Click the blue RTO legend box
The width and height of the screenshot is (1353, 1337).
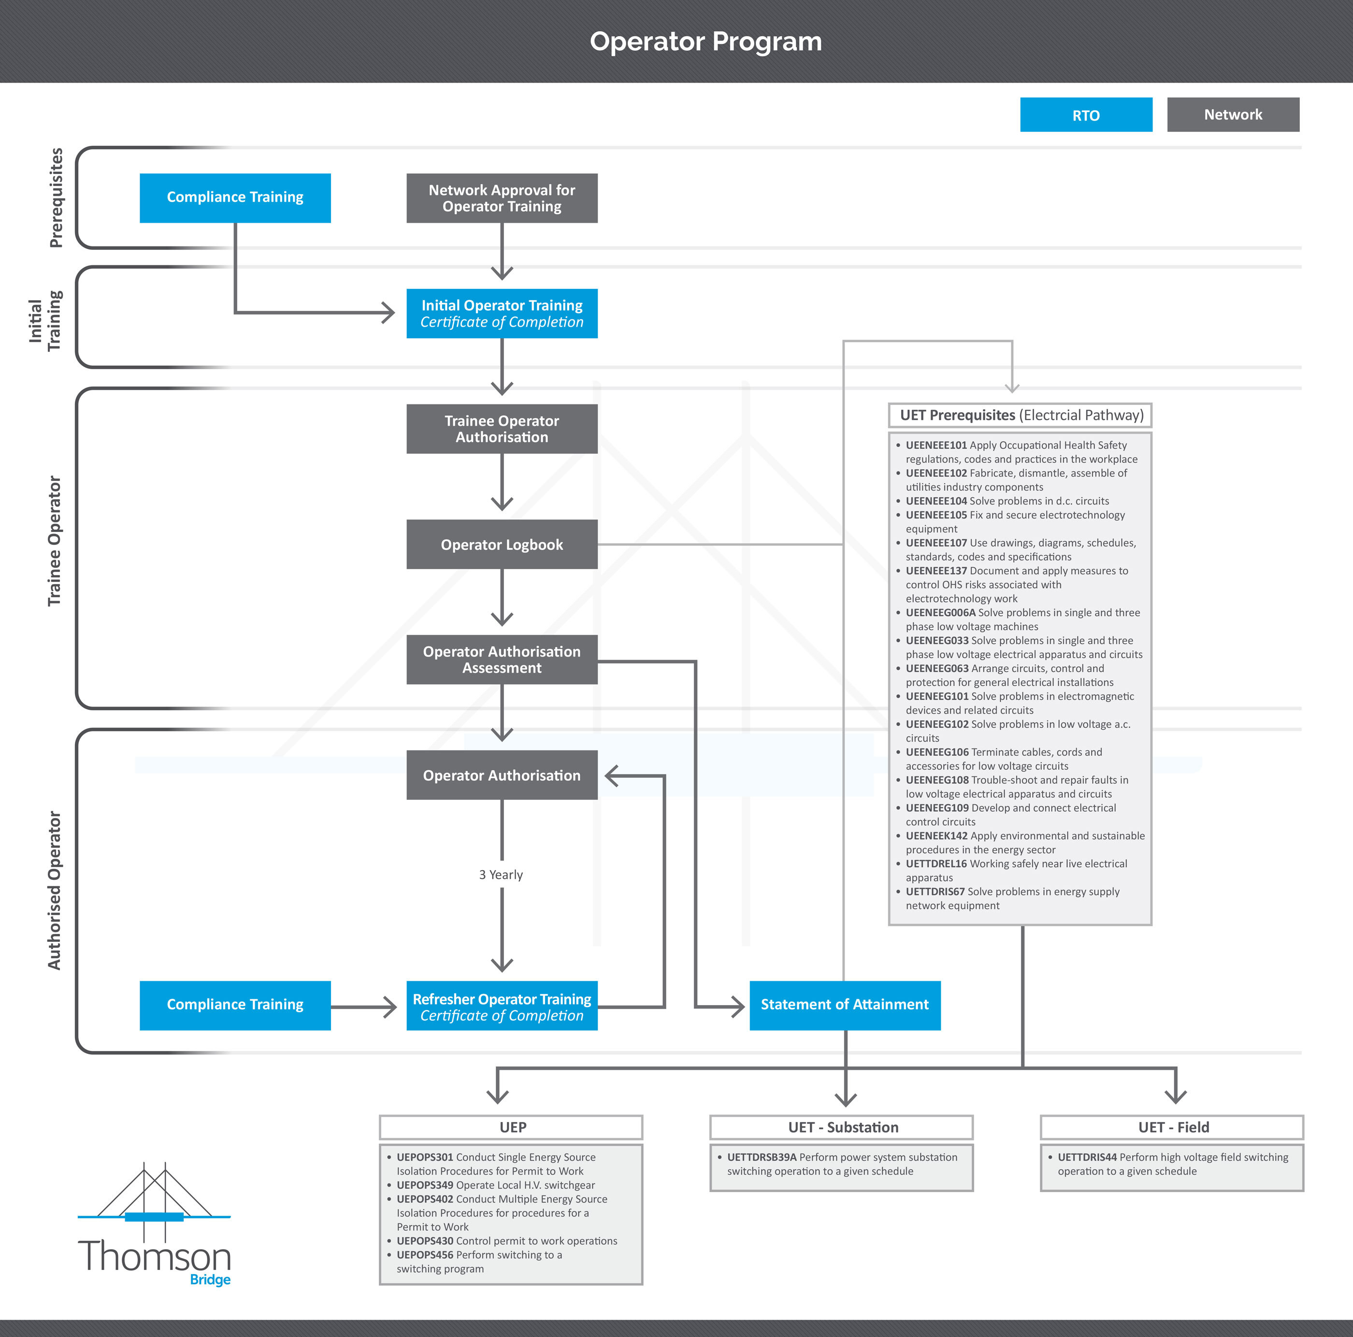[1085, 115]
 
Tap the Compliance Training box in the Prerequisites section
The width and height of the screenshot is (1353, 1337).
[235, 198]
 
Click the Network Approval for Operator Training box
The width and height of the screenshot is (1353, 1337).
[502, 198]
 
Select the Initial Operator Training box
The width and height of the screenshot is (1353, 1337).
[502, 313]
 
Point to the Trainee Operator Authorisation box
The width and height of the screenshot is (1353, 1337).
[502, 429]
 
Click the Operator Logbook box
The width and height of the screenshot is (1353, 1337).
[502, 544]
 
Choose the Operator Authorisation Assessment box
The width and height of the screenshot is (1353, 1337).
[502, 659]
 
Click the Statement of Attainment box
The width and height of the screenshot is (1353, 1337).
[845, 1005]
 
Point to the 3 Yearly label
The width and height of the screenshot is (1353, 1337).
[501, 875]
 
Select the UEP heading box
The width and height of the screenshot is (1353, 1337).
[511, 1127]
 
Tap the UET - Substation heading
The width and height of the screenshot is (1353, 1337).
[842, 1127]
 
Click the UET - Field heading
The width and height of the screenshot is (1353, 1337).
[1172, 1127]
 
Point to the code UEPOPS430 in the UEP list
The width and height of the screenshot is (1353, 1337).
[424, 1240]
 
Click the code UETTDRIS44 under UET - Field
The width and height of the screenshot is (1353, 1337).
[1086, 1157]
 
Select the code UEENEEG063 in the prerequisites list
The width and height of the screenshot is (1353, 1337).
[936, 668]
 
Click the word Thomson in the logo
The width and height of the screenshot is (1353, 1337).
[154, 1256]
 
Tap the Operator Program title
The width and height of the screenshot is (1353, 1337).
[705, 42]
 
